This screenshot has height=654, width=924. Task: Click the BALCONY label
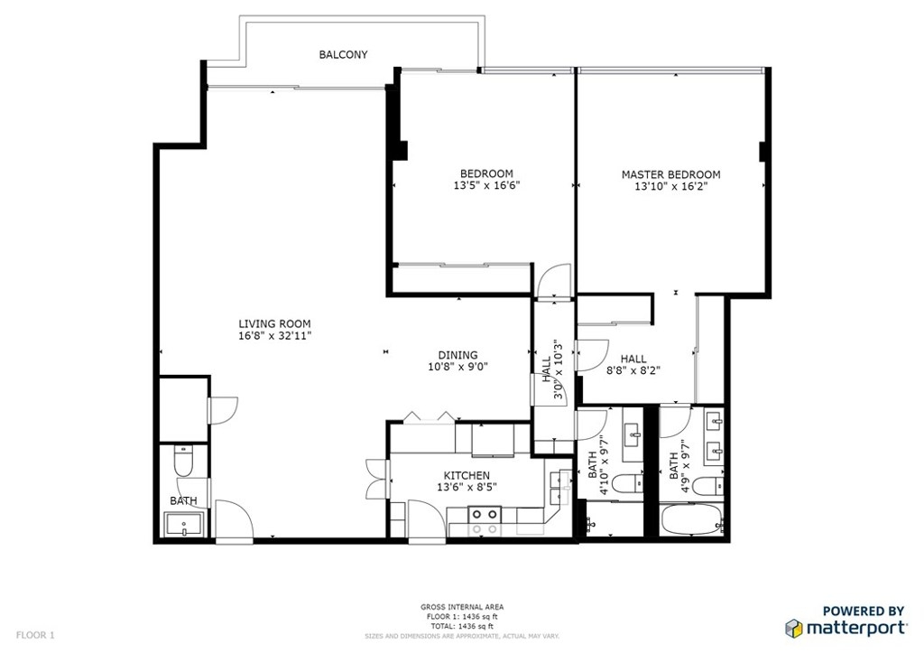pyautogui.click(x=343, y=54)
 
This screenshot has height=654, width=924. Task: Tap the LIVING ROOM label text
pyautogui.click(x=274, y=323)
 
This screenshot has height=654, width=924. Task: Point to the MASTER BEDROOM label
pyautogui.click(x=670, y=174)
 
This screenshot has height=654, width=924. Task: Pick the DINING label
pyautogui.click(x=457, y=355)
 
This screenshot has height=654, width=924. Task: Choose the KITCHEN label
pyautogui.click(x=467, y=475)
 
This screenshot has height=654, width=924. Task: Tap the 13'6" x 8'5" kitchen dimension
pyautogui.click(x=467, y=488)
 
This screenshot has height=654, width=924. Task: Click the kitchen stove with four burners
pyautogui.click(x=485, y=521)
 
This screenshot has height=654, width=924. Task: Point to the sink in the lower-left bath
pyautogui.click(x=184, y=524)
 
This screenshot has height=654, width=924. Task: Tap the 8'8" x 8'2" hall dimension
pyautogui.click(x=633, y=371)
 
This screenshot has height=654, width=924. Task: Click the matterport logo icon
pyautogui.click(x=794, y=629)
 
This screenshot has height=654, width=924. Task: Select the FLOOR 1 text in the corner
pyautogui.click(x=35, y=635)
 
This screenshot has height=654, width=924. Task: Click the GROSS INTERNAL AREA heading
pyautogui.click(x=462, y=607)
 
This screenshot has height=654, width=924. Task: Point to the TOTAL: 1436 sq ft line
pyautogui.click(x=462, y=626)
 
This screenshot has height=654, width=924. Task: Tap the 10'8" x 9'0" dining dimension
pyautogui.click(x=457, y=367)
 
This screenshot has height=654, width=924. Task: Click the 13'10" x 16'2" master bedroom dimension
pyautogui.click(x=670, y=187)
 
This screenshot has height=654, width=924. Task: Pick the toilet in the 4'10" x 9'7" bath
pyautogui.click(x=628, y=484)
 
